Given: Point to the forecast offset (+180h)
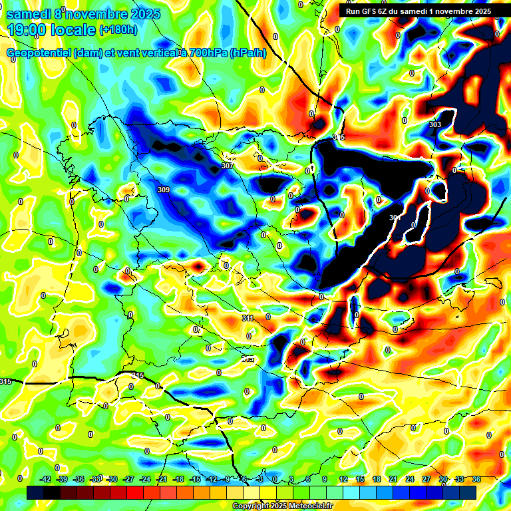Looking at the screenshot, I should click(x=118, y=30).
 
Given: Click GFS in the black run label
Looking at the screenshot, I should click(x=369, y=11).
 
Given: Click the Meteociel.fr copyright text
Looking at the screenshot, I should click(x=282, y=506).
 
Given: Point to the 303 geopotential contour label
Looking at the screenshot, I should click(x=435, y=124).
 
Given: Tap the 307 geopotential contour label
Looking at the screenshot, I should click(x=228, y=166).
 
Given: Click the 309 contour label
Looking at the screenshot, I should click(x=164, y=190).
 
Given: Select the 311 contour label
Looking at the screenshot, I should click(x=248, y=319).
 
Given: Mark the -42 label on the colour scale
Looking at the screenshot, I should click(x=46, y=479).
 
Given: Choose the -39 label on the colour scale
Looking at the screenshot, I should click(x=63, y=479).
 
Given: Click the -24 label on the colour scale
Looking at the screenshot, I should click(x=145, y=479).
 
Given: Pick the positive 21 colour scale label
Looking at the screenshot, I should click(x=393, y=479).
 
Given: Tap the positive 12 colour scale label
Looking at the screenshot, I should click(x=343, y=479).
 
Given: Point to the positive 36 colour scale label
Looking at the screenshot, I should click(x=476, y=479).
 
